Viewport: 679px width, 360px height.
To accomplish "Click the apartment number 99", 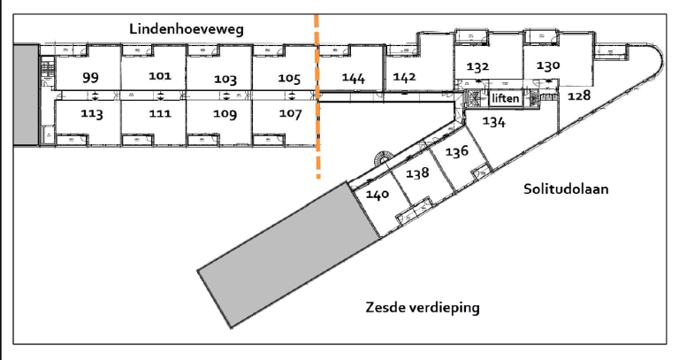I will [90, 78].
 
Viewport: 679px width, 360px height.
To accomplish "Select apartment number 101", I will [160, 76].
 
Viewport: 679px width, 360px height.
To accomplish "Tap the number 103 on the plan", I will [226, 79].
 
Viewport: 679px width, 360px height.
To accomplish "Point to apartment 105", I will [289, 78].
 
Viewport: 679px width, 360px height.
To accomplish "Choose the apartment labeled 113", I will [92, 114].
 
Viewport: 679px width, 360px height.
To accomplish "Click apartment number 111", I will [160, 114].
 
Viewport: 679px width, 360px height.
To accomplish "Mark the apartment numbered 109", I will [226, 114].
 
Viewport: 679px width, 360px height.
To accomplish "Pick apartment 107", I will [290, 114].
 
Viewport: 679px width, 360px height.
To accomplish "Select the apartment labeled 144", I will [354, 78].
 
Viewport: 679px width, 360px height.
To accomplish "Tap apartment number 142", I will [405, 76].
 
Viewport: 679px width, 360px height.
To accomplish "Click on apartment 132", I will [478, 67].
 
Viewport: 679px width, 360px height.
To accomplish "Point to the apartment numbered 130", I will [548, 65].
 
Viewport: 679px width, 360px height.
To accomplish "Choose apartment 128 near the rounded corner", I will [579, 95].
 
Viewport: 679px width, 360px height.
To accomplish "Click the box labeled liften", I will [506, 98].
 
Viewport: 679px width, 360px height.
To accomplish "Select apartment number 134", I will [493, 123].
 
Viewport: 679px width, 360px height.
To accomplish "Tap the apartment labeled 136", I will [456, 151].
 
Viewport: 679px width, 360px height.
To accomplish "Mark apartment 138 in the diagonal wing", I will [417, 173].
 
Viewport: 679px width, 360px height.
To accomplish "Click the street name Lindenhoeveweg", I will [186, 29].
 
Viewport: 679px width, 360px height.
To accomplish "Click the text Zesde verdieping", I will [423, 307].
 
